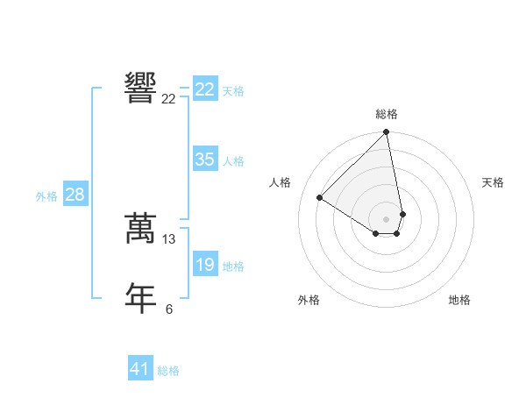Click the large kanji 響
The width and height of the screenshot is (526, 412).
pos(140,88)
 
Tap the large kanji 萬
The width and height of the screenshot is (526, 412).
pos(140,228)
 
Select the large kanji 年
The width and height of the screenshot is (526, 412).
pos(140,297)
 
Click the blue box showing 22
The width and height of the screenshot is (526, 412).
pos(204,89)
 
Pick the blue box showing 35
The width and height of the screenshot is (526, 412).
pos(204,160)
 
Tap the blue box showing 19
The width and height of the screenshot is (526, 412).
pos(204,265)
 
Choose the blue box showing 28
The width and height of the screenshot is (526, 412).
pos(75,195)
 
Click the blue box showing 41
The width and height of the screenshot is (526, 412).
pos(140,369)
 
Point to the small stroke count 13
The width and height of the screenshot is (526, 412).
pos(169,238)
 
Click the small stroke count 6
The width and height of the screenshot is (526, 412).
pos(169,309)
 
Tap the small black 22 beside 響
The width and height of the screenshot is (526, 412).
pos(168,99)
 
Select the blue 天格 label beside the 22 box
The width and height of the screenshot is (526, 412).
pos(233,91)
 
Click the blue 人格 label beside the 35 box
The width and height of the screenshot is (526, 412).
pos(233,161)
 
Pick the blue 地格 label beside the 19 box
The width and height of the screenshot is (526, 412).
pos(233,266)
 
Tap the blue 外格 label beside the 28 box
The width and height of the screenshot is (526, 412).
pos(46,196)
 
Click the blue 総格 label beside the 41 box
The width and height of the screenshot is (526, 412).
pos(168,371)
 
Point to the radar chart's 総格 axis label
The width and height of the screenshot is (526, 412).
pos(387,114)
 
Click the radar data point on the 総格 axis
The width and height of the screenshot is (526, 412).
pos(386,132)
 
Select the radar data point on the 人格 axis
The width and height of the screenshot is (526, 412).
pos(320,198)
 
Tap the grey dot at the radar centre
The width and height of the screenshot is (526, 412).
pos(386,218)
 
